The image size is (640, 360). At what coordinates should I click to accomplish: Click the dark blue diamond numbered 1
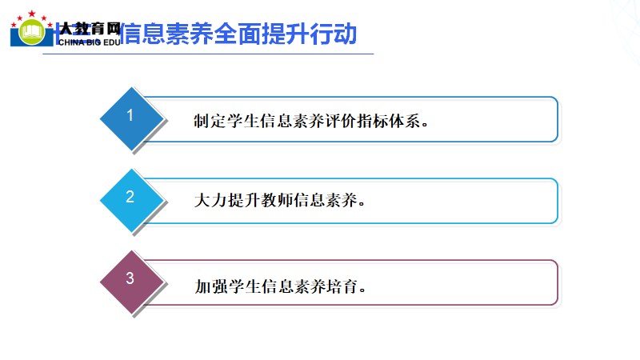131,118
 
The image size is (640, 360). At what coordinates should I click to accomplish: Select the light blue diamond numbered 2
131,201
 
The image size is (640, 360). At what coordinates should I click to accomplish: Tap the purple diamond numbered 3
131,282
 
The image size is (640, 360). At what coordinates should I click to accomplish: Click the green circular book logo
32,32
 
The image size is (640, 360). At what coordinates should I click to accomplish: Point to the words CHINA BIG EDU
89,42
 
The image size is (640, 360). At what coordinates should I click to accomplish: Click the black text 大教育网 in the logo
90,29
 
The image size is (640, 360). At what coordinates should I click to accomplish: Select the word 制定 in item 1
210,121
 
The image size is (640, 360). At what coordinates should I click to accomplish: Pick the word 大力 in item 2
210,201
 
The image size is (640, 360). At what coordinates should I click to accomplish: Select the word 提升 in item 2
244,201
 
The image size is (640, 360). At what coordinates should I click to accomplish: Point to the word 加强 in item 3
211,286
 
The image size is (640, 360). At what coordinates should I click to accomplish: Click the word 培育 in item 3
342,286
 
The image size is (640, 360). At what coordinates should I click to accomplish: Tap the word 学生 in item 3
245,286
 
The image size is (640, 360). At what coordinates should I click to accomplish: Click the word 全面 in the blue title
237,34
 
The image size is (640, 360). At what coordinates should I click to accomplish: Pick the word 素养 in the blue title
190,34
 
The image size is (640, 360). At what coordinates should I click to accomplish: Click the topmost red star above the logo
31,14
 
